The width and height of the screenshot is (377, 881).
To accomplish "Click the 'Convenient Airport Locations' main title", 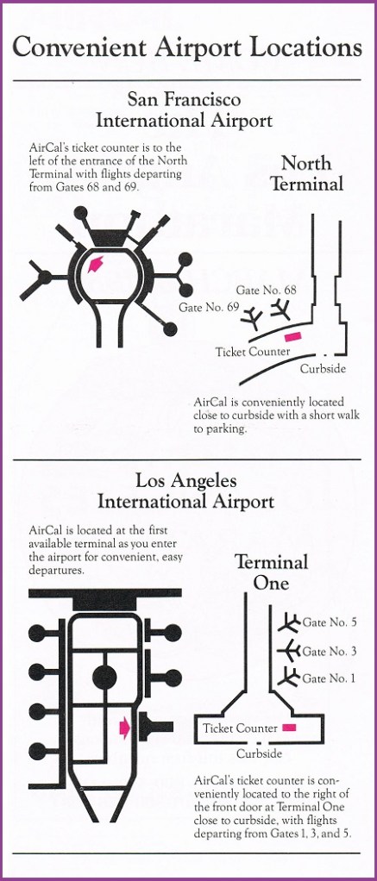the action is click(x=187, y=47).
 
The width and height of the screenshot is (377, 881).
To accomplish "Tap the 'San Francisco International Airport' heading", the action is click(x=184, y=110).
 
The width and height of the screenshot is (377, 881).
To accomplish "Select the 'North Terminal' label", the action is click(x=306, y=173).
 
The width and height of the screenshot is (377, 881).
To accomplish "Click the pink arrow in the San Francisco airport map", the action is click(x=97, y=263).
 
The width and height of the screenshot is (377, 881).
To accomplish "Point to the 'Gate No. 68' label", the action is click(x=267, y=290).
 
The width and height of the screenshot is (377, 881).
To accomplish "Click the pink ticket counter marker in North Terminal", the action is click(x=293, y=336).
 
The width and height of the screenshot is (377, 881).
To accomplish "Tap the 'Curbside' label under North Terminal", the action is click(x=323, y=369).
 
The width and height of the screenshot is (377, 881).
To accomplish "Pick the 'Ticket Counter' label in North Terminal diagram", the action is click(x=253, y=353).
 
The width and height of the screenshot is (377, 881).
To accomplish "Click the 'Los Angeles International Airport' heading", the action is click(x=186, y=490).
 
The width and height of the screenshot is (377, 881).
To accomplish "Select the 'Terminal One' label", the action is click(x=271, y=572).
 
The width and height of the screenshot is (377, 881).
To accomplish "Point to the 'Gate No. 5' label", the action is click(x=330, y=622).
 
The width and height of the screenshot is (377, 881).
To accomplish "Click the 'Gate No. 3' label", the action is click(x=330, y=651).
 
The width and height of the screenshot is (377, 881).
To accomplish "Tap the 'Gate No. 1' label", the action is click(x=330, y=678).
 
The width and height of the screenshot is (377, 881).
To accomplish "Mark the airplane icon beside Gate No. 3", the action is click(x=290, y=651).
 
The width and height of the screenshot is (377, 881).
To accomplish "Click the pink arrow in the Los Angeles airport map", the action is click(x=124, y=728).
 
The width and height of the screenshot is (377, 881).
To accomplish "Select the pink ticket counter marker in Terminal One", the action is click(x=290, y=728).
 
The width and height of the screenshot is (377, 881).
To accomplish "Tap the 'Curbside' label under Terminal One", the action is click(x=259, y=754).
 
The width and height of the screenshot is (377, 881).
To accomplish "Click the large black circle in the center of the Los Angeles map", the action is click(x=104, y=677).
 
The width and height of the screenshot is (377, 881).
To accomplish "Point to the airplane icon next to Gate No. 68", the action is click(x=280, y=309).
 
